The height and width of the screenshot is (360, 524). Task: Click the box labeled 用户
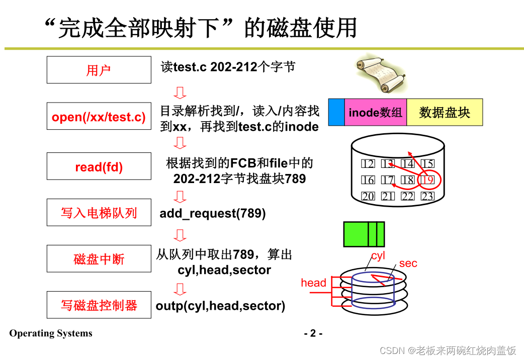point(99,70)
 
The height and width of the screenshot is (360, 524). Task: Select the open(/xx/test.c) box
point(99,117)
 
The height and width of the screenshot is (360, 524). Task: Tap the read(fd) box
point(99,166)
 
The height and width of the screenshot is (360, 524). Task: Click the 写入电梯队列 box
point(99,213)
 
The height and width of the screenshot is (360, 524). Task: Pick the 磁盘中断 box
point(99,259)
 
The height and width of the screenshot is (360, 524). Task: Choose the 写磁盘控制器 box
point(99,305)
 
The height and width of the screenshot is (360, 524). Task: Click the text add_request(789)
point(213,213)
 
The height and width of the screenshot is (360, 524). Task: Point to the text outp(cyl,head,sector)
point(220,305)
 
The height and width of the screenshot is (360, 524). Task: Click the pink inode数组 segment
point(376,112)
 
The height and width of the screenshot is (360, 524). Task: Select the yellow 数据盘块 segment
point(445,112)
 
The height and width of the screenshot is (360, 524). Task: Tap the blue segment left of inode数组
point(336,112)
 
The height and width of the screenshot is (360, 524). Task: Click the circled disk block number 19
point(427,180)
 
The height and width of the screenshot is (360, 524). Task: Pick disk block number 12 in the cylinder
point(368,164)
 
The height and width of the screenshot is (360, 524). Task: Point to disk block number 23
point(427,197)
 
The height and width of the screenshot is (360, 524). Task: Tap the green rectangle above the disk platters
point(364,234)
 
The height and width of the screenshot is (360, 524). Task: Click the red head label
point(313,283)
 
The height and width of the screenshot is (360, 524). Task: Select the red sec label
point(408,263)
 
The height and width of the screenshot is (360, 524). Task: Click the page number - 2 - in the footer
point(313,333)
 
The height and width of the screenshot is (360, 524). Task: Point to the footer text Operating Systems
point(51,333)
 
